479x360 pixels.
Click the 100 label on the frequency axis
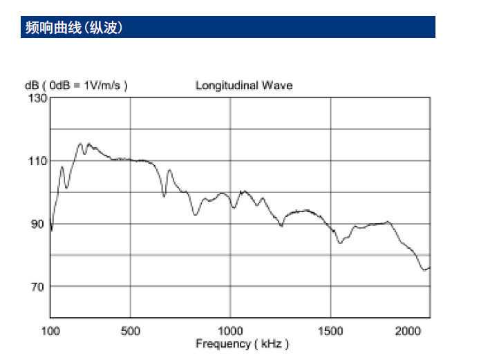tap(51, 331)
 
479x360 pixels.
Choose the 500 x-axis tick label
tap(130, 331)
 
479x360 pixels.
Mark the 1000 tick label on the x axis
tap(230, 331)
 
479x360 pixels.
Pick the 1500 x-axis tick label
tap(331, 331)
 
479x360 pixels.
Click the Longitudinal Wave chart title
tap(243, 86)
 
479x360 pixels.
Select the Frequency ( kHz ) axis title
tap(242, 343)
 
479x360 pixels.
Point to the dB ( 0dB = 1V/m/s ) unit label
tap(76, 86)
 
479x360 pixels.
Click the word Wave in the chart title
tap(279, 86)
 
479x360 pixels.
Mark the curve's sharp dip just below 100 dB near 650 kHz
tap(164, 196)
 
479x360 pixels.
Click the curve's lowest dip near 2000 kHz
tap(424, 270)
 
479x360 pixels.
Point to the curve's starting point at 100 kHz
tap(51, 231)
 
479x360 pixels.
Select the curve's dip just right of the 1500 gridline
tap(340, 243)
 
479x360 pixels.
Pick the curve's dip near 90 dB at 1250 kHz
tap(281, 226)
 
